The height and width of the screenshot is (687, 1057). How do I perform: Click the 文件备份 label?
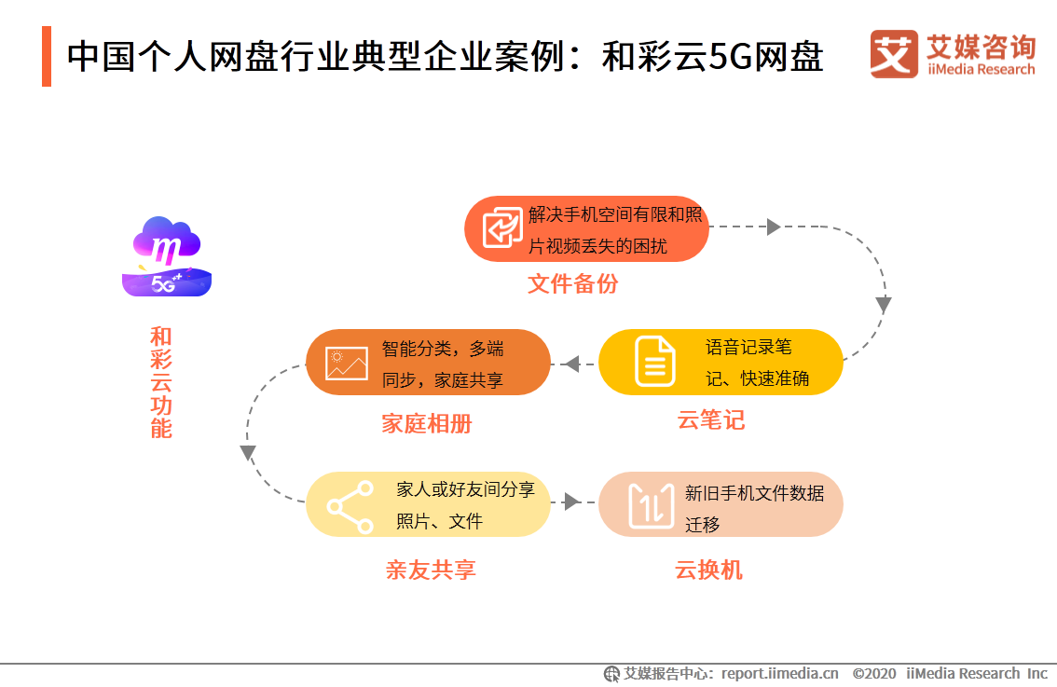tap(572, 284)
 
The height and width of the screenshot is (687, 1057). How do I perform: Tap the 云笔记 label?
tap(711, 420)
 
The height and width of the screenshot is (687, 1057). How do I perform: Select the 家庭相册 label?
tap(427, 424)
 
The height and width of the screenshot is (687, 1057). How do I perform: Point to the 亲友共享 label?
tap(431, 570)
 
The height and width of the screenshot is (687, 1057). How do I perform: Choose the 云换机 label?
tap(709, 570)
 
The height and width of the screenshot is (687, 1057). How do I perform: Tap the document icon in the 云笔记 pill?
tap(655, 362)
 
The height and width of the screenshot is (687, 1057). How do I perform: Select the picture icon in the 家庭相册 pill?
tap(347, 363)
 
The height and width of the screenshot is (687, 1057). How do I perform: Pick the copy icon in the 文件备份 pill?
tap(502, 228)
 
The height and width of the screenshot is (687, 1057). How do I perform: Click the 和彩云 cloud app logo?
tap(167, 256)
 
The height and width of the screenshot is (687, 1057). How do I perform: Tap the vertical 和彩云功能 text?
tap(161, 382)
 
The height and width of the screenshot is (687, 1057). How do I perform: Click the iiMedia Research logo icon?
tap(894, 55)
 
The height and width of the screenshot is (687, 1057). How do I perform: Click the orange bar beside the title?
tap(47, 56)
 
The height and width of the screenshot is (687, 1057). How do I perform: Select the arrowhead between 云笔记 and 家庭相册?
tap(572, 363)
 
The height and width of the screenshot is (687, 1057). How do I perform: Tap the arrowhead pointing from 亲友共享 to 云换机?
tap(570, 503)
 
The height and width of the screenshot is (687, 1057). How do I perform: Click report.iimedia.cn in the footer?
tap(780, 673)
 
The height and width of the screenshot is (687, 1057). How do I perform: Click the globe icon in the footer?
tap(612, 673)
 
